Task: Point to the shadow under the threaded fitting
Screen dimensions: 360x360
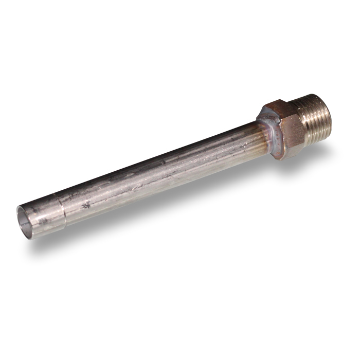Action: click(319, 149)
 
